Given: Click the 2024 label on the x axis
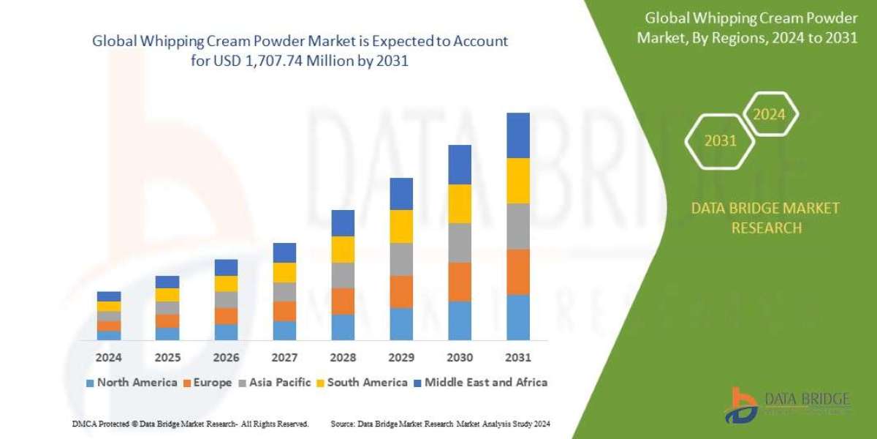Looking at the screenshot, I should coord(109,358).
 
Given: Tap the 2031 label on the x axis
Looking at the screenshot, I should coord(517,358).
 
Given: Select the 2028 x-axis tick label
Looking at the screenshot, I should coord(343,358).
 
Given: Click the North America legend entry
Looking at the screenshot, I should coord(132,382).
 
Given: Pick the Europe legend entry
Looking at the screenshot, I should coord(208,382).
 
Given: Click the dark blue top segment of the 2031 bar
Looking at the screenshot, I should coord(517,135).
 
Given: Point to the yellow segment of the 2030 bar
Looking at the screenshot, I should coord(460,203).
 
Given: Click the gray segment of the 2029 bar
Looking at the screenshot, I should coord(401,259).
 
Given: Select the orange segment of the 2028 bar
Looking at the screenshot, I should coord(343,301).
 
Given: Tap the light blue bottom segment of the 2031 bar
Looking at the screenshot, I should coord(517,318).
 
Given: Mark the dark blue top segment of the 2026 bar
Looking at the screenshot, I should coord(226,267).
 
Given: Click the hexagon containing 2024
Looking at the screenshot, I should coord(769,114).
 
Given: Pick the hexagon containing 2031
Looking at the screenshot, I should coord(721,140).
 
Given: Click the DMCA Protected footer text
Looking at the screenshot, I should coord(191,424).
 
